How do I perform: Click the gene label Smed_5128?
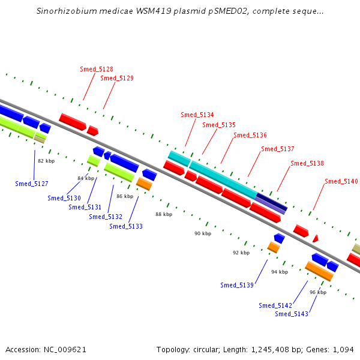pyautogui.click(x=97, y=69)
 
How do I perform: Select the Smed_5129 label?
pyautogui.click(x=117, y=78)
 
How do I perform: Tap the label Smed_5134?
pyautogui.click(x=197, y=115)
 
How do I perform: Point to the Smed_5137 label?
pyautogui.click(x=278, y=149)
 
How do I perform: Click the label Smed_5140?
pyautogui.click(x=341, y=181)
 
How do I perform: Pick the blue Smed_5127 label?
pyautogui.click(x=32, y=184)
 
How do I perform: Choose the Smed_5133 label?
pyautogui.click(x=126, y=226)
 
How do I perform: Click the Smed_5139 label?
pyautogui.click(x=237, y=285)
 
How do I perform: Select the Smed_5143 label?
pyautogui.click(x=292, y=314)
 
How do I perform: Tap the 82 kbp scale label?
pyautogui.click(x=46, y=161)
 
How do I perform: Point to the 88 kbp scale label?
pyautogui.click(x=164, y=214)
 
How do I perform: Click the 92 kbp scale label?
pyautogui.click(x=241, y=253)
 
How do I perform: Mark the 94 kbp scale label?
pyautogui.click(x=280, y=272)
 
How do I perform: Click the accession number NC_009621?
pyautogui.click(x=65, y=350)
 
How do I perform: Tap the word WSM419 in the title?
pyautogui.click(x=154, y=11)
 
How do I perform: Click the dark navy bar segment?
pyautogui.click(x=272, y=202)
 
